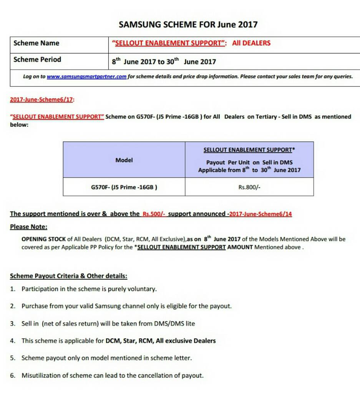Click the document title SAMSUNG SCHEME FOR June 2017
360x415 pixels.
pyautogui.click(x=188, y=25)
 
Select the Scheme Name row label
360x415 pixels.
pyautogui.click(x=36, y=43)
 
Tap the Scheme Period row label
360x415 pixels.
pyautogui.click(x=37, y=60)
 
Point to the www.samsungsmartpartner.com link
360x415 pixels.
pyautogui.click(x=86, y=76)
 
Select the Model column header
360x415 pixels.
pyautogui.click(x=124, y=160)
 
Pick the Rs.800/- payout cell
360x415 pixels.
pyautogui.click(x=249, y=188)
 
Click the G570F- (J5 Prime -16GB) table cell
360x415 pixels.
pyautogui.click(x=124, y=188)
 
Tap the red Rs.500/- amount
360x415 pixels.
pyautogui.click(x=154, y=214)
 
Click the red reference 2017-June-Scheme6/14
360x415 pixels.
pyautogui.click(x=260, y=214)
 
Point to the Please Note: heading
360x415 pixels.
pyautogui.click(x=28, y=227)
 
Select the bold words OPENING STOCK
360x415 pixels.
pyautogui.click(x=43, y=239)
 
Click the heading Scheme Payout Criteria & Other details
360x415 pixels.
pyautogui.click(x=68, y=276)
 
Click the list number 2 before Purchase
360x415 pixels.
pyautogui.click(x=13, y=306)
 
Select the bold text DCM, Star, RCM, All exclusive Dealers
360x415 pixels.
pyautogui.click(x=161, y=341)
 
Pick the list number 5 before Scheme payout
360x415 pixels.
pyautogui.click(x=13, y=358)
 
